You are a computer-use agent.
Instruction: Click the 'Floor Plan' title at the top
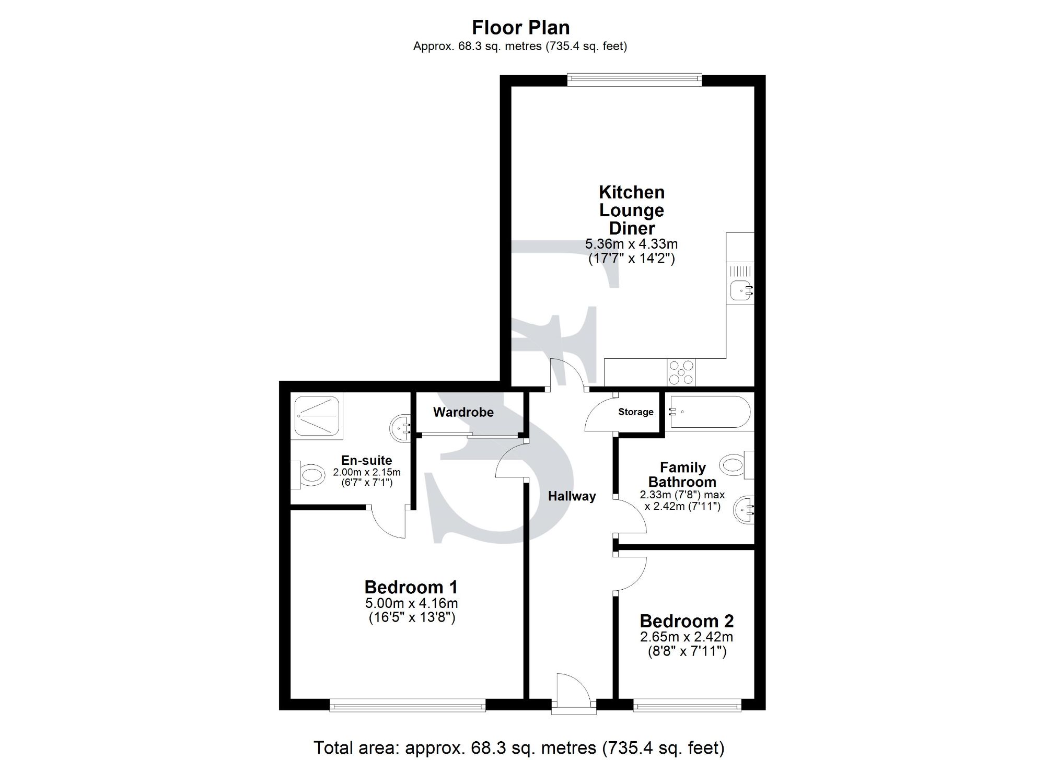point(520,27)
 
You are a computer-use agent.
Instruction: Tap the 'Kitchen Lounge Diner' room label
point(631,210)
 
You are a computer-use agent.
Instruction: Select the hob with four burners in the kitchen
point(681,372)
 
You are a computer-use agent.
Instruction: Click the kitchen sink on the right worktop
point(740,290)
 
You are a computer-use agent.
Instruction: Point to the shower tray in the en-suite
point(317,416)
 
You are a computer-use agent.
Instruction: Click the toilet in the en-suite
point(308,475)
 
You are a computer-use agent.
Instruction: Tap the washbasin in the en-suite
point(400,428)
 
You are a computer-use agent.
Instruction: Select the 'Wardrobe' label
point(463,412)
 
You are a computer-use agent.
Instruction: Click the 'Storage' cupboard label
point(635,412)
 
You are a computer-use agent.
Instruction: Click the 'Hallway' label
point(572,496)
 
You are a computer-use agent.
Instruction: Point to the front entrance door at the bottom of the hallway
point(573,694)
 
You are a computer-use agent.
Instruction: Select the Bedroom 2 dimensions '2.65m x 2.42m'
point(686,637)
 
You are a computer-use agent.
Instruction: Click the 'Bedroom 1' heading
point(411,587)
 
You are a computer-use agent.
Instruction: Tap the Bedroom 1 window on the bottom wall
point(408,706)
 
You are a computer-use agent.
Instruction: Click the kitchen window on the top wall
point(634,80)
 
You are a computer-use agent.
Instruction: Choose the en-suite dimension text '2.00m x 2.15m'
point(367,472)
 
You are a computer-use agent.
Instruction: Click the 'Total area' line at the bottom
point(518,747)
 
